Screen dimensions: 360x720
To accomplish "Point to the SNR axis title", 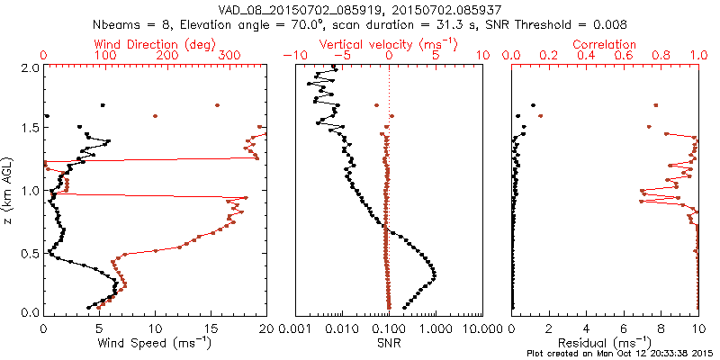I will click(x=388, y=343).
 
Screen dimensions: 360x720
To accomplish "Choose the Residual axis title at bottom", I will click(x=605, y=343).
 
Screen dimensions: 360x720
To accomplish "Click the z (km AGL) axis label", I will click(x=9, y=190).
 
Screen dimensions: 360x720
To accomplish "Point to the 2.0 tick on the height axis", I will click(x=29, y=67).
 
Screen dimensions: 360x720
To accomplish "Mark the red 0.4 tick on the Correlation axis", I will click(x=586, y=56).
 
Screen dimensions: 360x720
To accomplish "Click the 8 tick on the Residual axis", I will click(x=661, y=329).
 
